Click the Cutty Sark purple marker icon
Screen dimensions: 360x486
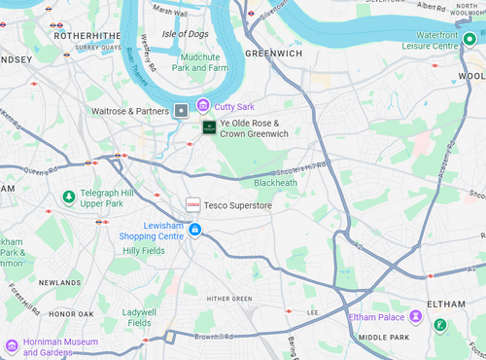[202, 104]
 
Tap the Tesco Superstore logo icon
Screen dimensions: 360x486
[192, 205]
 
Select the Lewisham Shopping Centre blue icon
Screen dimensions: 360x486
[195, 230]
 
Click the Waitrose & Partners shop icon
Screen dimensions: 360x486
[181, 111]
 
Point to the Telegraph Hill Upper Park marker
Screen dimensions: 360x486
[68, 198]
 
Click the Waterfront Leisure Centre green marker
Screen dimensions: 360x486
[469, 39]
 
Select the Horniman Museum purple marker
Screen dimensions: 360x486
[12, 345]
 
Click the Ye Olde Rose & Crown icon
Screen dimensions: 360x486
[209, 127]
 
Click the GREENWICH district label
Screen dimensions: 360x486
[273, 54]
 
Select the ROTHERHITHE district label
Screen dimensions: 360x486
[87, 34]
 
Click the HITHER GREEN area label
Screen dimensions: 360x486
[229, 299]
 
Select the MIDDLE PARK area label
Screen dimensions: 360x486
[384, 337]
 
